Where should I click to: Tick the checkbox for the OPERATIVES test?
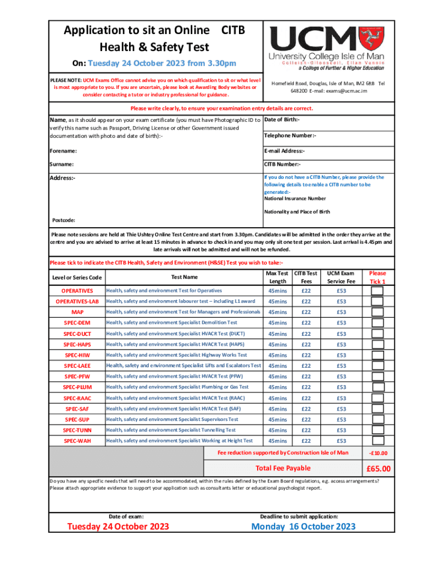pyautogui.click(x=377, y=291)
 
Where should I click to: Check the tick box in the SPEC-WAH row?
pyautogui.click(x=377, y=441)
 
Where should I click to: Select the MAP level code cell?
pyautogui.click(x=77, y=312)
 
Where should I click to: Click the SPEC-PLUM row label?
pyautogui.click(x=77, y=387)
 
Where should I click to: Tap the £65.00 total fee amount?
pyautogui.click(x=379, y=469)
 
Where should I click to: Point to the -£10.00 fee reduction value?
pyautogui.click(x=379, y=453)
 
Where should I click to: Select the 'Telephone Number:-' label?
pyautogui.click(x=290, y=136)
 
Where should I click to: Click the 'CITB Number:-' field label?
pyautogui.click(x=282, y=164)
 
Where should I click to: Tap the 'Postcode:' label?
pyautogui.click(x=64, y=221)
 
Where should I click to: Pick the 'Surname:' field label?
pyautogui.click(x=62, y=164)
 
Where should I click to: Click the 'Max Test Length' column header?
pyautogui.click(x=277, y=277)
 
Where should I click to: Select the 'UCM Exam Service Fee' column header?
pyautogui.click(x=341, y=277)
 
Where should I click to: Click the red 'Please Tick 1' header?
pyautogui.click(x=377, y=277)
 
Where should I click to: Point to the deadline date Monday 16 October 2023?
pyautogui.click(x=303, y=527)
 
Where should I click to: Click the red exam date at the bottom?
pyautogui.click(x=118, y=527)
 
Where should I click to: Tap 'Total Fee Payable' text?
pyautogui.click(x=283, y=468)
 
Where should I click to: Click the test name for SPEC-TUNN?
pyautogui.click(x=171, y=430)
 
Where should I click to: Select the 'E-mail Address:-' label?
pyautogui.click(x=285, y=151)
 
